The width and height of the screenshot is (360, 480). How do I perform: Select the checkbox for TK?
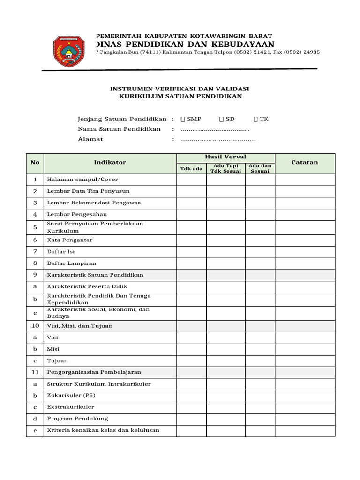click(x=255, y=119)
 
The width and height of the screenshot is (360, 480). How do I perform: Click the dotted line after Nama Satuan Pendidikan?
click(x=215, y=129)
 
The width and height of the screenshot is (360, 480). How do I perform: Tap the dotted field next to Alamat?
click(x=218, y=139)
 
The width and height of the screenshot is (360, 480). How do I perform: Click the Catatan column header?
click(x=305, y=163)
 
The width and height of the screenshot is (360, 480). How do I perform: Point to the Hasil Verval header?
click(x=225, y=157)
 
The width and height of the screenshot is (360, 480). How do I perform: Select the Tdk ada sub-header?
click(x=191, y=168)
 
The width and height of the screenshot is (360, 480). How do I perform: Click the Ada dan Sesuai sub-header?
click(x=260, y=168)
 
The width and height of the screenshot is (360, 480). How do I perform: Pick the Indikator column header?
click(x=110, y=163)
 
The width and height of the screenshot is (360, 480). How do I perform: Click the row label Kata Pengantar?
click(x=70, y=240)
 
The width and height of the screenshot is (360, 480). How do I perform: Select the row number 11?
click(x=35, y=372)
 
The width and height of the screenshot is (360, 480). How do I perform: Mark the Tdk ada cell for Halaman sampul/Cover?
click(x=191, y=180)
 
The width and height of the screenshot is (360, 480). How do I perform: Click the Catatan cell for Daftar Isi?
click(x=305, y=252)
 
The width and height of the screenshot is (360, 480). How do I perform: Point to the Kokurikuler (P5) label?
click(x=71, y=396)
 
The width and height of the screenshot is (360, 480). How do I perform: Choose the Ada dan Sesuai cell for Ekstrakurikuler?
click(x=260, y=407)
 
